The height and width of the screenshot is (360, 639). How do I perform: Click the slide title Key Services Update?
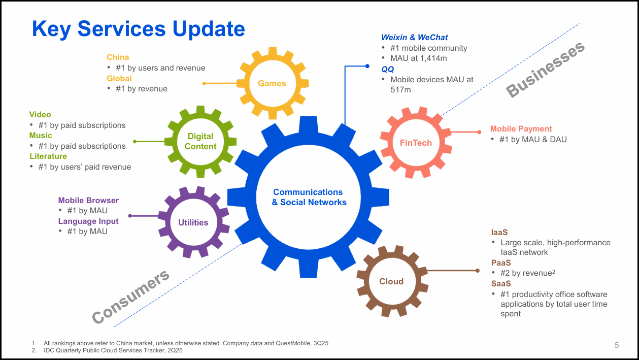tap(138, 29)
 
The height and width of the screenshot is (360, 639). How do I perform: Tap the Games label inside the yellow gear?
tap(272, 83)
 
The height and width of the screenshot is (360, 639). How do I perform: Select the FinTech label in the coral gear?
tap(416, 143)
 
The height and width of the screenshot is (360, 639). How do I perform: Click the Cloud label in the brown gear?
tap(391, 281)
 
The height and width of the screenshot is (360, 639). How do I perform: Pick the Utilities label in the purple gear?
tap(193, 222)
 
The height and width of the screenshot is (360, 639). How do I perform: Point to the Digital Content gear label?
tap(200, 141)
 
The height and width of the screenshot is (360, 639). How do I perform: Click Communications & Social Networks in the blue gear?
tap(309, 197)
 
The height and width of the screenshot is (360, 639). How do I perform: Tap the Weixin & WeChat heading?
tap(415, 37)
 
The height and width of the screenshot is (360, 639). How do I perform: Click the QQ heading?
tap(387, 69)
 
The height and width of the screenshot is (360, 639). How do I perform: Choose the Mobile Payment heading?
tap(521, 129)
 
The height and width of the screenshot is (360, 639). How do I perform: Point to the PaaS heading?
tap(501, 263)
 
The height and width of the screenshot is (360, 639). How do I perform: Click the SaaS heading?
tap(501, 284)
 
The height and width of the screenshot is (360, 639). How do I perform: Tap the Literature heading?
tap(48, 156)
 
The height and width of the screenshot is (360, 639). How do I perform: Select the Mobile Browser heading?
tap(88, 201)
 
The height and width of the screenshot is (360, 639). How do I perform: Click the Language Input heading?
tap(88, 221)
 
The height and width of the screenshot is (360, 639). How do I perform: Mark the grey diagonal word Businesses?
tap(546, 70)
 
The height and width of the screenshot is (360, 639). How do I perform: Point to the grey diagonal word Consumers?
tap(130, 297)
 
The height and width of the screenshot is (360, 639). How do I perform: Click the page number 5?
tap(617, 345)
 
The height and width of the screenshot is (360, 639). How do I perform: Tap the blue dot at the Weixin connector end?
tap(367, 66)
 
